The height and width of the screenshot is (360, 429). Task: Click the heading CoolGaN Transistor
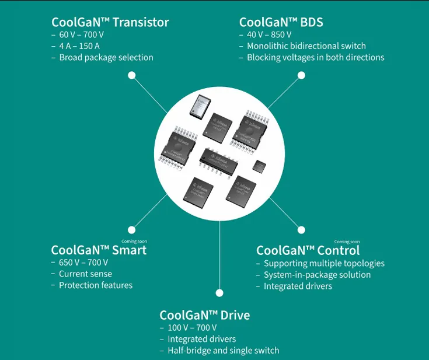pyautogui.click(x=110, y=23)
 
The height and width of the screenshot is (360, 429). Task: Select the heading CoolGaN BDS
pyautogui.click(x=281, y=23)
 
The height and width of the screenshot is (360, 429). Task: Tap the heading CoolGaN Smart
pyautogui.click(x=99, y=250)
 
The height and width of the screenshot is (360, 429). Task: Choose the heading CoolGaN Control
pyautogui.click(x=308, y=250)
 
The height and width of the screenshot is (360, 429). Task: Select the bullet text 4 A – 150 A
pyautogui.click(x=79, y=46)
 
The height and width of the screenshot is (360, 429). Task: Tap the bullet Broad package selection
pyautogui.click(x=106, y=57)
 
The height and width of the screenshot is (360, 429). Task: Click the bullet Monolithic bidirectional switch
pyautogui.click(x=306, y=46)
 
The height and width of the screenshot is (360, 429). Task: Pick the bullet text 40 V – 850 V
pyautogui.click(x=269, y=35)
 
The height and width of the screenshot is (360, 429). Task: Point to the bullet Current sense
pyautogui.click(x=85, y=274)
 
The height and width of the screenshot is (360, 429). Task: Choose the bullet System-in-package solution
pyautogui.click(x=317, y=275)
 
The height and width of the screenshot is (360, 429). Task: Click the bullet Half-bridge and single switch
pyautogui.click(x=223, y=351)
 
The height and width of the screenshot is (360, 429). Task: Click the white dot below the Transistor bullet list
pyautogui.click(x=132, y=75)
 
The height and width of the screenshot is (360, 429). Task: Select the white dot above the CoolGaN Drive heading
pyautogui.click(x=219, y=293)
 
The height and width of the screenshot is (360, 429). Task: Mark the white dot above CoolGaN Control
pyautogui.click(x=301, y=230)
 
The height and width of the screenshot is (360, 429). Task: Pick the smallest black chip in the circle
pyautogui.click(x=259, y=166)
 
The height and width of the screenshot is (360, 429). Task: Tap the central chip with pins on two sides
pyautogui.click(x=218, y=160)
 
